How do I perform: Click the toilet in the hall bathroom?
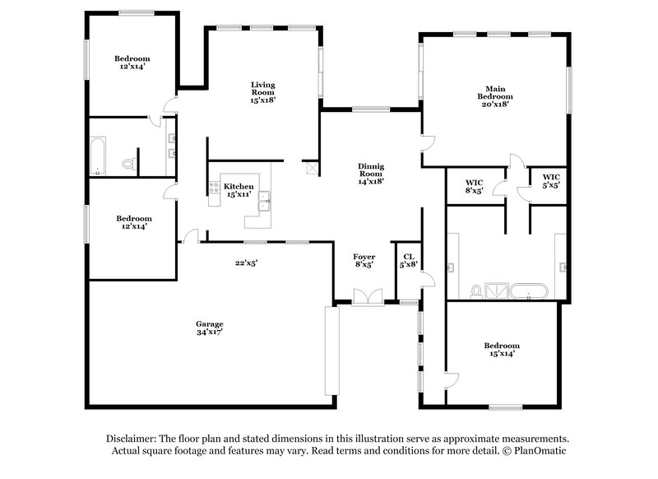point(127,165)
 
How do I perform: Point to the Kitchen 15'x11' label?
point(239,190)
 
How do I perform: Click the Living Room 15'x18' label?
point(263,91)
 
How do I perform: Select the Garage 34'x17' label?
point(209,328)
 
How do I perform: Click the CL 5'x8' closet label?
point(409,260)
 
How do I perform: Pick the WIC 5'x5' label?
point(550,182)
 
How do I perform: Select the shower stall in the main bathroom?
point(498,291)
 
